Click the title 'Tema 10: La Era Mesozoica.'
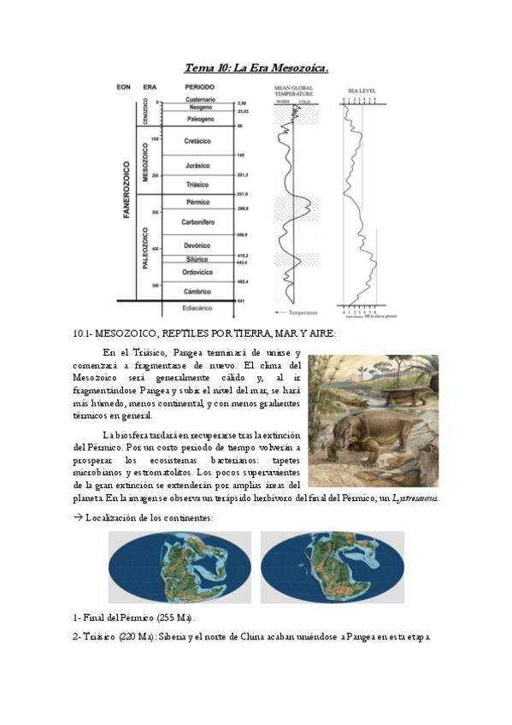coord(256,67)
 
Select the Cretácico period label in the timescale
coord(197,140)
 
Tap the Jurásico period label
coord(197,165)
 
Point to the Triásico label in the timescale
coord(197,185)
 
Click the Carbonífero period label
coord(197,222)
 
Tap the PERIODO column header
coord(199,88)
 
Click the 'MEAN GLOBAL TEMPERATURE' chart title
coord(292,91)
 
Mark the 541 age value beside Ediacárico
coord(241,301)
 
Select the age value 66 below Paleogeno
coord(240,126)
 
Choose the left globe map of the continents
coord(179,567)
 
